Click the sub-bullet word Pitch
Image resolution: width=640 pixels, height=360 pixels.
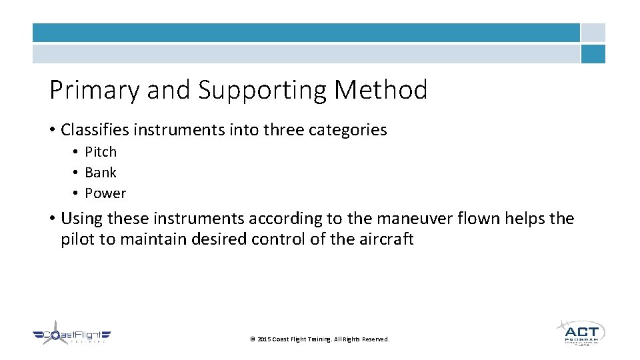(x=101, y=152)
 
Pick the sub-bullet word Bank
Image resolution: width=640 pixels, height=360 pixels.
(x=101, y=173)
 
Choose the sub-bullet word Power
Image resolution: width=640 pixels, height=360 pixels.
(x=105, y=193)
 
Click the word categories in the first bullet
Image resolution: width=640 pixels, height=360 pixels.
(x=347, y=129)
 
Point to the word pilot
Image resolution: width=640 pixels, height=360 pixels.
(x=78, y=239)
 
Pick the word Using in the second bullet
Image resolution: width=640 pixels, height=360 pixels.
(x=81, y=219)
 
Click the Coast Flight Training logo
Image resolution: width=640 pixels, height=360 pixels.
(x=72, y=335)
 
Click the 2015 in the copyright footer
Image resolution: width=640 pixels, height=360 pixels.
(x=264, y=339)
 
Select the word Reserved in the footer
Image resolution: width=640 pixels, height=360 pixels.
(x=375, y=339)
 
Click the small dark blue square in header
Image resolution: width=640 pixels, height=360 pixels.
(x=593, y=54)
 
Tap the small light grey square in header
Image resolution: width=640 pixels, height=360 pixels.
(x=593, y=33)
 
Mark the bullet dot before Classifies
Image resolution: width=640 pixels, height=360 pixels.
(x=53, y=130)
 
